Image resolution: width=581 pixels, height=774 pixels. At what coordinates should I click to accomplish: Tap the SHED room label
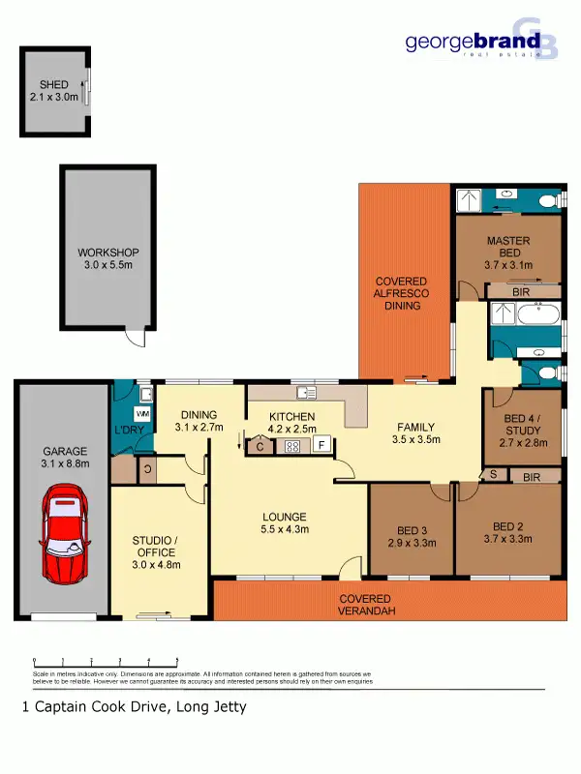pyautogui.click(x=48, y=85)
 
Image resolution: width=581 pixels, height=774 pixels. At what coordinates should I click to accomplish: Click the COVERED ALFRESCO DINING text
pyautogui.click(x=402, y=293)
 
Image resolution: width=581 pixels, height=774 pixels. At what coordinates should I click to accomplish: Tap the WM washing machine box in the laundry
pyautogui.click(x=142, y=413)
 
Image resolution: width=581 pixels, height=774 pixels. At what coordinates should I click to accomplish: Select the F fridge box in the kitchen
pyautogui.click(x=321, y=446)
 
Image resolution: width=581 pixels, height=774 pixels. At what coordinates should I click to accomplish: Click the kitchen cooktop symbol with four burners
pyautogui.click(x=290, y=446)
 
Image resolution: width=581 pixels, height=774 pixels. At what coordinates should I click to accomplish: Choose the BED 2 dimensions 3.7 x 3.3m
pyautogui.click(x=508, y=540)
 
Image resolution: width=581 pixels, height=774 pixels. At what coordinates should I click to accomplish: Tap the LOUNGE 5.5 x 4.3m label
pyautogui.click(x=283, y=522)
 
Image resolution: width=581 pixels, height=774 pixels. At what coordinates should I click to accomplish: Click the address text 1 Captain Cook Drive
pyautogui.click(x=134, y=707)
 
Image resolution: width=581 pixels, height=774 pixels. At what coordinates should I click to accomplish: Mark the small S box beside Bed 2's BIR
pyautogui.click(x=494, y=476)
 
